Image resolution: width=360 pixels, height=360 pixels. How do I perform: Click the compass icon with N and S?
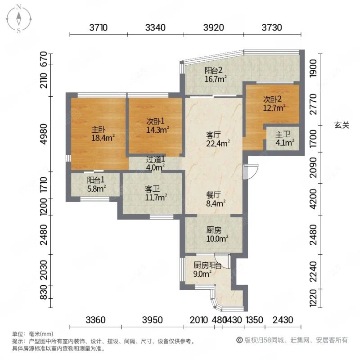[19, 18]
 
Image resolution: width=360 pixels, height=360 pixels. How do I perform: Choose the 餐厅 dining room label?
[213, 195]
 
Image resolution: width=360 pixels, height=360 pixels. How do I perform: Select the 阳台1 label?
[96, 180]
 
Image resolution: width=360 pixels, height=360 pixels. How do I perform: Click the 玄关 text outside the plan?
[342, 126]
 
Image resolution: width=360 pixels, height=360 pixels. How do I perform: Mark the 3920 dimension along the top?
[214, 27]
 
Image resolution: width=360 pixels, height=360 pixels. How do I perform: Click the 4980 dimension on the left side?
[44, 134]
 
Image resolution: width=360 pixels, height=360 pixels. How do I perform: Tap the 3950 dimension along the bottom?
[152, 320]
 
